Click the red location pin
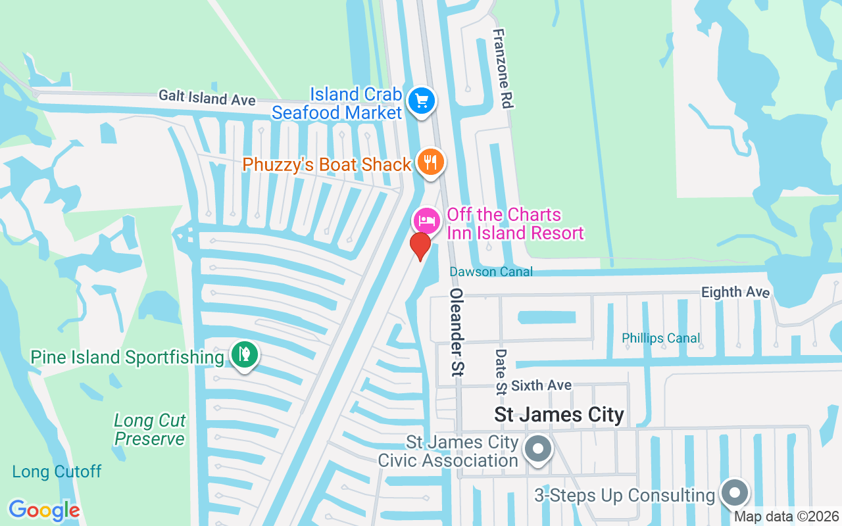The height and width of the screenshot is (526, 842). pyautogui.click(x=420, y=246)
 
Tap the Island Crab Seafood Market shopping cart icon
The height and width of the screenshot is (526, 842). pyautogui.click(x=422, y=102)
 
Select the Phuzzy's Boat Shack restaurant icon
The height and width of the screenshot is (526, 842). pyautogui.click(x=431, y=162)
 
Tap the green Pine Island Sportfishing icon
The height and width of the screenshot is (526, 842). pyautogui.click(x=245, y=355)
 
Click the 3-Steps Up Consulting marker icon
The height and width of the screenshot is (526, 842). pyautogui.click(x=735, y=492)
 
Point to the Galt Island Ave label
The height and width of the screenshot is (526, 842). pyautogui.click(x=207, y=98)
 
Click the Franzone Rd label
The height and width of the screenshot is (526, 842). pyautogui.click(x=503, y=68)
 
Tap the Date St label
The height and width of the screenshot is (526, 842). pyautogui.click(x=501, y=371)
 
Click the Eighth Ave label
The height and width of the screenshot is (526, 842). pyautogui.click(x=735, y=292)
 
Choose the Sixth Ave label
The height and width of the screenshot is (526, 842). pyautogui.click(x=541, y=385)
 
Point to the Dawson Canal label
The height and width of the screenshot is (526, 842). pyautogui.click(x=491, y=272)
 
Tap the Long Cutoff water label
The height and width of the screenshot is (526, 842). pyautogui.click(x=57, y=471)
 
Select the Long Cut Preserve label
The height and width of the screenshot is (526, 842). pyautogui.click(x=150, y=429)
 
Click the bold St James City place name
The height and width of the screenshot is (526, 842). pyautogui.click(x=559, y=415)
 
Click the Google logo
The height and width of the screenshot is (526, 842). pyautogui.click(x=44, y=510)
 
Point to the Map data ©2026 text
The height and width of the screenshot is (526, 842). pyautogui.click(x=787, y=517)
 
